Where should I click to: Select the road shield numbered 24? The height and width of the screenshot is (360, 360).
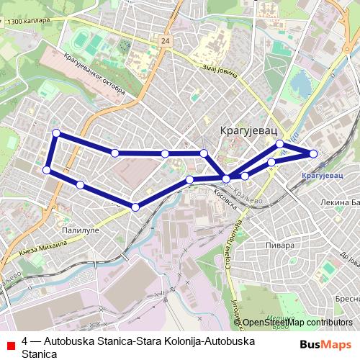tap(166, 42)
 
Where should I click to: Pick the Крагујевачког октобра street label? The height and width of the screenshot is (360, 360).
tap(94, 76)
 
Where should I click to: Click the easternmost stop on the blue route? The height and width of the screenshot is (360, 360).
tap(313, 153)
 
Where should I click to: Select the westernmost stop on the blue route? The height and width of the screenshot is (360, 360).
tap(47, 170)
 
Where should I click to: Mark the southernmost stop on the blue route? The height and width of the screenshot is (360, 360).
tap(135, 207)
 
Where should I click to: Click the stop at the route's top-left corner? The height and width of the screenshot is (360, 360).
tap(56, 133)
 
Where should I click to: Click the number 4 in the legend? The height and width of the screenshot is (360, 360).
tap(25, 340)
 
